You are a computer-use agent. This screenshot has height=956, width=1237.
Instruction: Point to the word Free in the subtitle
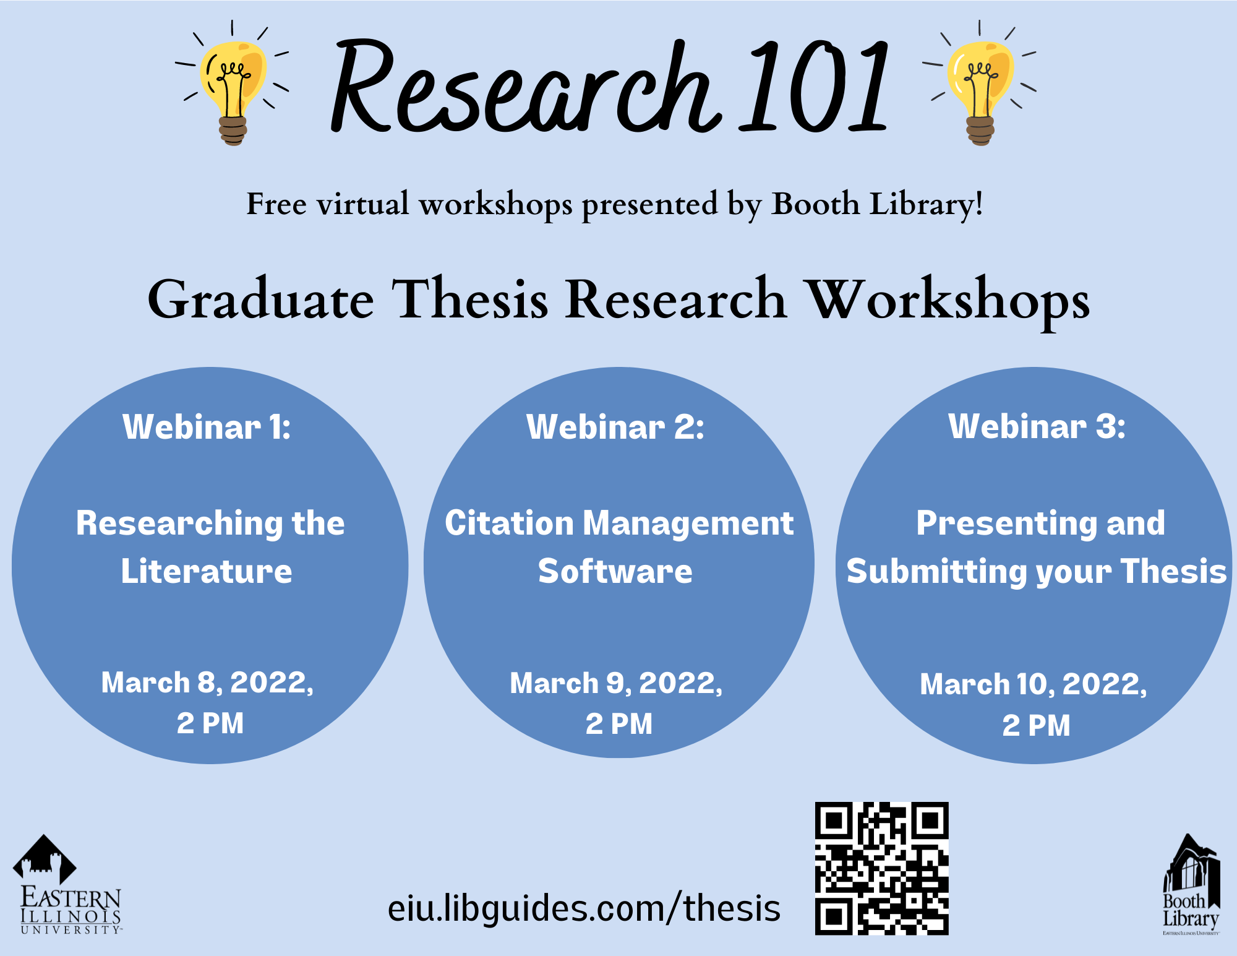pos(276,204)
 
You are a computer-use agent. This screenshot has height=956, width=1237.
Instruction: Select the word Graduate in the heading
pos(260,299)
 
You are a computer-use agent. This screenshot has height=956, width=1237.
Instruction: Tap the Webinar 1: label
pos(207,426)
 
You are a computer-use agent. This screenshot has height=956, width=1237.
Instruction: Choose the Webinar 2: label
pos(615,426)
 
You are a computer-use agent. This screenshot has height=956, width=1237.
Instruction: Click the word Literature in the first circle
pos(207,571)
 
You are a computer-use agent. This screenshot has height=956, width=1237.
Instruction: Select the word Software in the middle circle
pos(615,571)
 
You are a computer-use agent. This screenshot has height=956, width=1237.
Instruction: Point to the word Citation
pos(509,523)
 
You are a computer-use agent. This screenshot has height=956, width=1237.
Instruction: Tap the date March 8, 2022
pos(207,683)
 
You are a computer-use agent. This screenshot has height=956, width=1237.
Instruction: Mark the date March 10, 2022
pos(1033,684)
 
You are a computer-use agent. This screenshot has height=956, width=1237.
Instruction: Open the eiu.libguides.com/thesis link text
pos(584,908)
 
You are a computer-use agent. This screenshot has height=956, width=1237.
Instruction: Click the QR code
pos(882,868)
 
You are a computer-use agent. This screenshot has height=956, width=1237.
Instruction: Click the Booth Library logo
pos(1191,884)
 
